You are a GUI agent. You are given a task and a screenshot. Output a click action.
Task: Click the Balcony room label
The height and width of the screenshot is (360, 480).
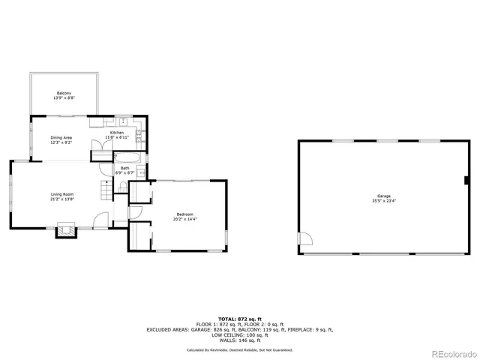tap(64, 94)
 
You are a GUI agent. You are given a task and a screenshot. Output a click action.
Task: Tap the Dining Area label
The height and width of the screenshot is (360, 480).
tap(61, 137)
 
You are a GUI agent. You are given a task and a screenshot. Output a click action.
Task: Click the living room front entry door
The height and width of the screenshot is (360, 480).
tap(100, 221)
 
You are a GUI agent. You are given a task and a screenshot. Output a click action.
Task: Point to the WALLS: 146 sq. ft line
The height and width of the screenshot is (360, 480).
tap(239, 340)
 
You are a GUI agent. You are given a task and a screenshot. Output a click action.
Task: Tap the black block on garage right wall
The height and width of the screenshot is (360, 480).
tap(466, 180)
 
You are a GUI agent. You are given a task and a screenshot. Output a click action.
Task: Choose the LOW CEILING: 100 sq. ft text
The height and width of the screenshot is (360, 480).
tap(239, 334)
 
